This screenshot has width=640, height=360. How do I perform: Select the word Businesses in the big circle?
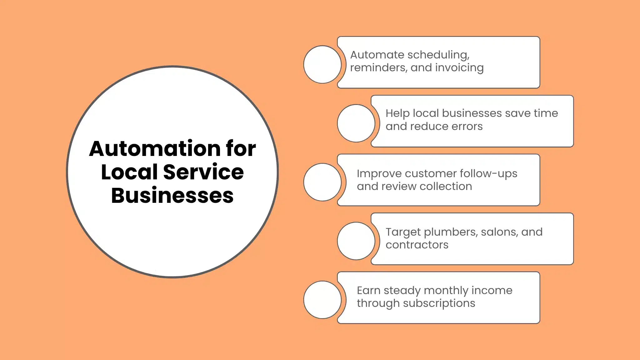(x=172, y=196)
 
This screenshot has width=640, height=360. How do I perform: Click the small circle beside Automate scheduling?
(x=322, y=64)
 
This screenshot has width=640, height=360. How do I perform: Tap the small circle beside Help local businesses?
(x=356, y=123)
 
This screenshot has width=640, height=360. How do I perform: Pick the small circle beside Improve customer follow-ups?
(x=322, y=182)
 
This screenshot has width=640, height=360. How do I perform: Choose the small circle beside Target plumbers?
(x=356, y=241)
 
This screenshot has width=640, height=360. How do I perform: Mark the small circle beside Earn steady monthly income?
(x=322, y=300)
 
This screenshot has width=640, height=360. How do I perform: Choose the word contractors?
(x=417, y=245)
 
